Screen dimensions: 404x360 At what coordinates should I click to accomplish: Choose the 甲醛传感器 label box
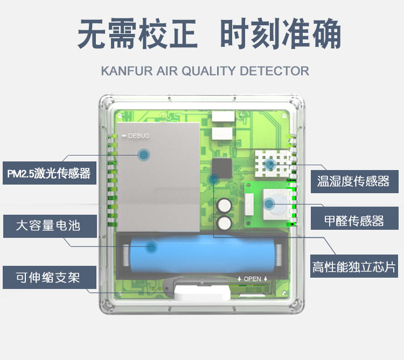coord(353,221)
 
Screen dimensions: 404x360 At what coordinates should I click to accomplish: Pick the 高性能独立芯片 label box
coord(353,267)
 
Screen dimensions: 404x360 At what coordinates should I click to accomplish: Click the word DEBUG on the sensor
coord(139,136)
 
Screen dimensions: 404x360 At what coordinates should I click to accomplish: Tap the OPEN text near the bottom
coord(252,279)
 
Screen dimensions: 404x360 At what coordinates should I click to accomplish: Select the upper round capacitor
coord(225,206)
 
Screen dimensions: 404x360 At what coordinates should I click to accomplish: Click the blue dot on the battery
coord(151,248)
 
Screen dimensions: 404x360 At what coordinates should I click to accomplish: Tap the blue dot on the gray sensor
coord(144,155)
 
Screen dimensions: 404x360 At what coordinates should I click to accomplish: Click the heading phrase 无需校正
coord(138,34)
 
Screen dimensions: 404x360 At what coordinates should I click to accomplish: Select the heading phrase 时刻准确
coord(281,34)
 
